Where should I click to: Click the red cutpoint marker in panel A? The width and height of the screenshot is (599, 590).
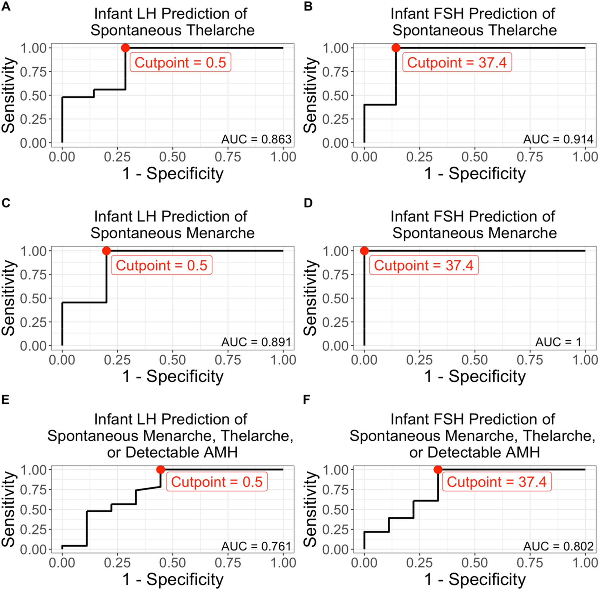(x=125, y=48)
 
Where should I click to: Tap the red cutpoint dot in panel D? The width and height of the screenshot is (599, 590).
(x=364, y=251)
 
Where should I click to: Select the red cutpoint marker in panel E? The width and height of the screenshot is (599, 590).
(x=160, y=470)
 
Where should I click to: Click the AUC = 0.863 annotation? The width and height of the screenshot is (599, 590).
(x=257, y=139)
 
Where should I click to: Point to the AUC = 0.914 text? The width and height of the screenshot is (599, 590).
(x=558, y=139)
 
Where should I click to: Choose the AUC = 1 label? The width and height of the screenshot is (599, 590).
(x=558, y=342)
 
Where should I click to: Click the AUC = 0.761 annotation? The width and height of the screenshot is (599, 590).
(x=257, y=546)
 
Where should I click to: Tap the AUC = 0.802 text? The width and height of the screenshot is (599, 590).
(x=558, y=546)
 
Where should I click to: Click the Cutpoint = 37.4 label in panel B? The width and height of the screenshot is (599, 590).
(x=457, y=62)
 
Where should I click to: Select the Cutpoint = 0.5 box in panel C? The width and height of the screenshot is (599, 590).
(x=162, y=265)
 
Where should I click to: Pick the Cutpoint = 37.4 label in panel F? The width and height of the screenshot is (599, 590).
(x=497, y=482)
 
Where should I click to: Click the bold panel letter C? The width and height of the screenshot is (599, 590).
(x=6, y=203)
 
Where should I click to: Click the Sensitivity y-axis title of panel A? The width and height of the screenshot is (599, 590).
(x=9, y=95)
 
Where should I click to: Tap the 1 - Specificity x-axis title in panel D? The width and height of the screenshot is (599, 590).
(x=475, y=376)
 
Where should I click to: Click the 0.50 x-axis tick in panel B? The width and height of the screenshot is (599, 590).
(x=475, y=157)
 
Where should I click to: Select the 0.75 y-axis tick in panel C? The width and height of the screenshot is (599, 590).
(x=33, y=275)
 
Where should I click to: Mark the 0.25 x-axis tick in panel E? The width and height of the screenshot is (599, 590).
(x=117, y=563)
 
